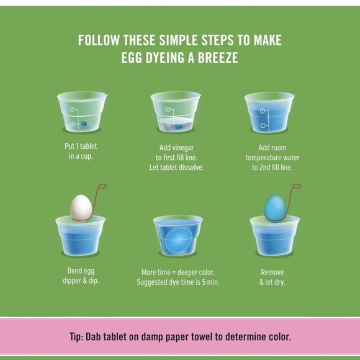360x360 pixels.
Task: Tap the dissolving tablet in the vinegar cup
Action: click(178, 125)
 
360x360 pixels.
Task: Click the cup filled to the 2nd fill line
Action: click(269, 115)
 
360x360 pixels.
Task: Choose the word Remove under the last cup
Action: click(270, 272)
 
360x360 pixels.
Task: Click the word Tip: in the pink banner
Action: click(79, 337)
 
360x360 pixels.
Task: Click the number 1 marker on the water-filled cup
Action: click(263, 125)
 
